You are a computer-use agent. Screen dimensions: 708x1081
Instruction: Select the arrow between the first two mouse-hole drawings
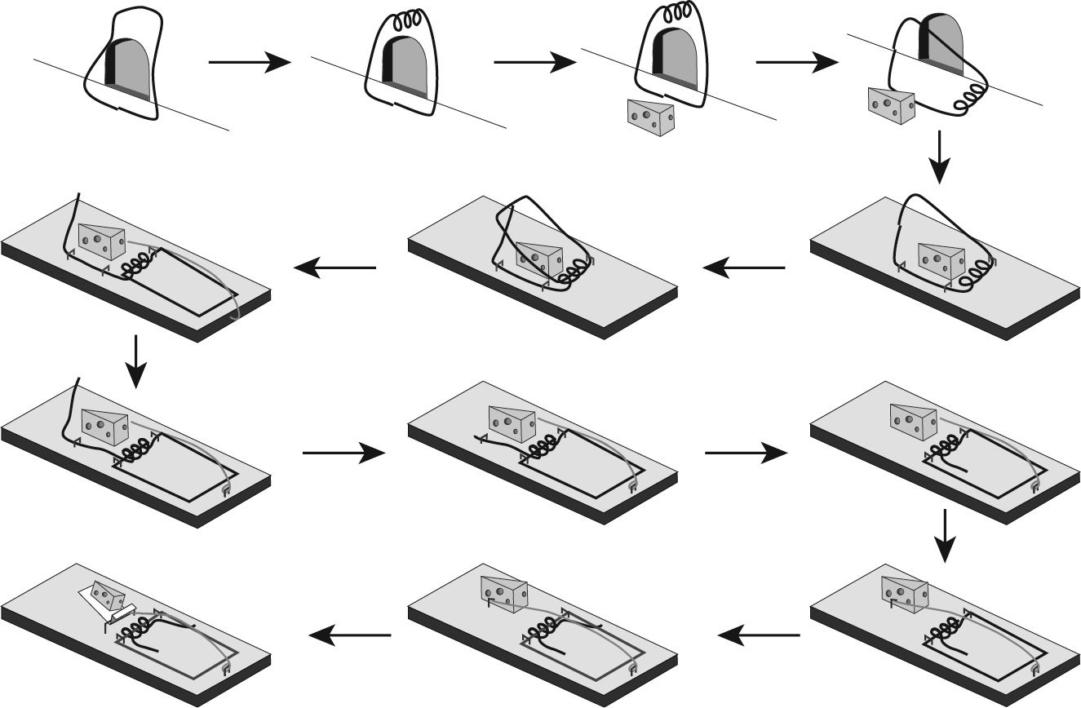click(250, 63)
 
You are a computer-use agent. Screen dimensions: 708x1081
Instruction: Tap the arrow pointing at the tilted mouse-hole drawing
click(796, 63)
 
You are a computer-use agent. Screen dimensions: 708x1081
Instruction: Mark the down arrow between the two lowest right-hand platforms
click(945, 536)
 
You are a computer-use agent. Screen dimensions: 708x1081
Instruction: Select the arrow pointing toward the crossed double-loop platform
click(742, 268)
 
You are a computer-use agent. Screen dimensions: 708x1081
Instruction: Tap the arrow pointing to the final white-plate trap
click(351, 635)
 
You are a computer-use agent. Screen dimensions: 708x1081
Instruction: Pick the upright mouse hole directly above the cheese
click(675, 56)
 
